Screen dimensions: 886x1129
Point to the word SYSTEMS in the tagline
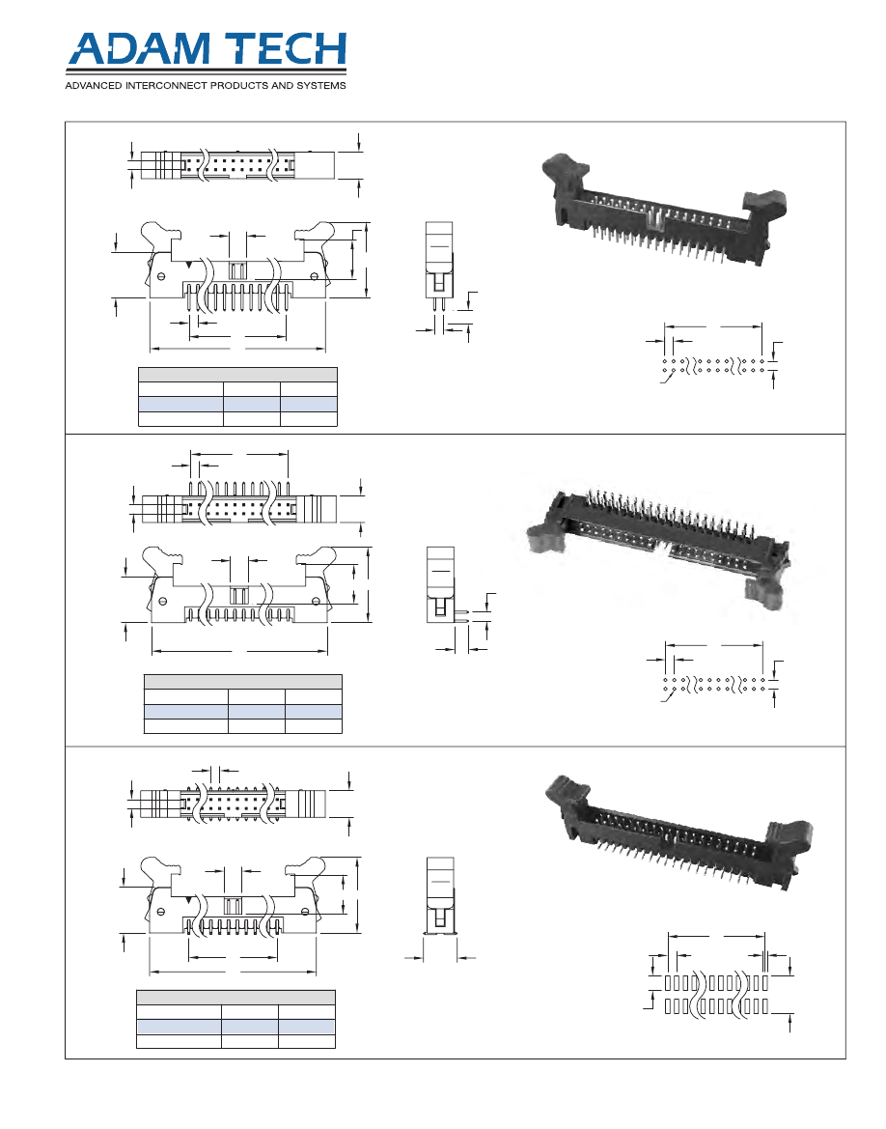point(321,86)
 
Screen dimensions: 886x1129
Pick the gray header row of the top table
point(237,375)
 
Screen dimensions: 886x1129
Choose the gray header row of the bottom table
point(236,998)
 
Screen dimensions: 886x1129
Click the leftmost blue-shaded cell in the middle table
point(186,712)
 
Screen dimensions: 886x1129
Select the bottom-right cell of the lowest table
point(307,1041)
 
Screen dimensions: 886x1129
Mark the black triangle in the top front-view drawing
point(188,266)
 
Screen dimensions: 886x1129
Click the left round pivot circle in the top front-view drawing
point(161,276)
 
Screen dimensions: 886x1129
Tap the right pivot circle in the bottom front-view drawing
point(305,912)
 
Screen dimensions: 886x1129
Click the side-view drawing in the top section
point(439,277)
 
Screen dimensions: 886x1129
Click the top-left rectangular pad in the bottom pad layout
point(668,983)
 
